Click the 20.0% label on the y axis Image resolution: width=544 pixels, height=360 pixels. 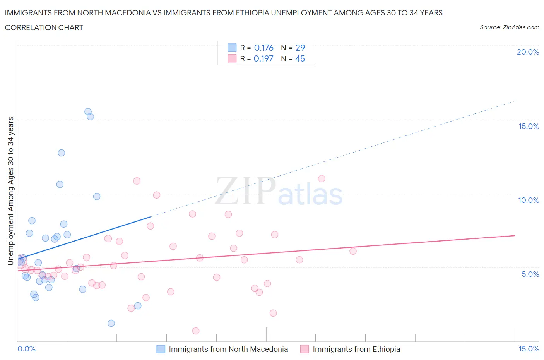click(x=528, y=52)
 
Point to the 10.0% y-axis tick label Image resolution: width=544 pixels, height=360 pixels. click(x=528, y=200)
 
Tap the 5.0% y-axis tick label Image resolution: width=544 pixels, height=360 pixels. click(x=530, y=274)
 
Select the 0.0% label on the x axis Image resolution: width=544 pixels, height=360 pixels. click(x=26, y=349)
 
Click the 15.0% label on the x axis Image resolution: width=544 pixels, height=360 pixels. click(x=529, y=349)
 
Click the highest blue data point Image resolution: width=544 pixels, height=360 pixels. click(x=88, y=112)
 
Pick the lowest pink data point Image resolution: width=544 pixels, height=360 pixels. click(x=196, y=331)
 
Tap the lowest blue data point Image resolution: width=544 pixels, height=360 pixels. click(x=111, y=323)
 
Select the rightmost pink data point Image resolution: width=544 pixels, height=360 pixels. click(x=353, y=251)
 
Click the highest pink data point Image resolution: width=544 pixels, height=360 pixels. click(x=322, y=178)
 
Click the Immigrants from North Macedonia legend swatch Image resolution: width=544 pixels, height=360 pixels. click(x=161, y=349)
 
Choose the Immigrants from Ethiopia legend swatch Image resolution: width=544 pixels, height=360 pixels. click(x=305, y=349)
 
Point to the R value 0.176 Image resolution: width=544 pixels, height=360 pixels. click(x=263, y=48)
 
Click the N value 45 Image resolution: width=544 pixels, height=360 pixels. click(x=300, y=58)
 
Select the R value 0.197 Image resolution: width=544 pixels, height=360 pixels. click(x=263, y=58)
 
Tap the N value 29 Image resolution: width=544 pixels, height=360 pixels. click(x=300, y=48)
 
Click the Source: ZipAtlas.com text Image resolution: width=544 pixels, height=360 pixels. click(x=509, y=27)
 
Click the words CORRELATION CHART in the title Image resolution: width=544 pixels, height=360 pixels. click(x=44, y=27)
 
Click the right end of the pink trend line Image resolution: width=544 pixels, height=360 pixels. click(x=515, y=235)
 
